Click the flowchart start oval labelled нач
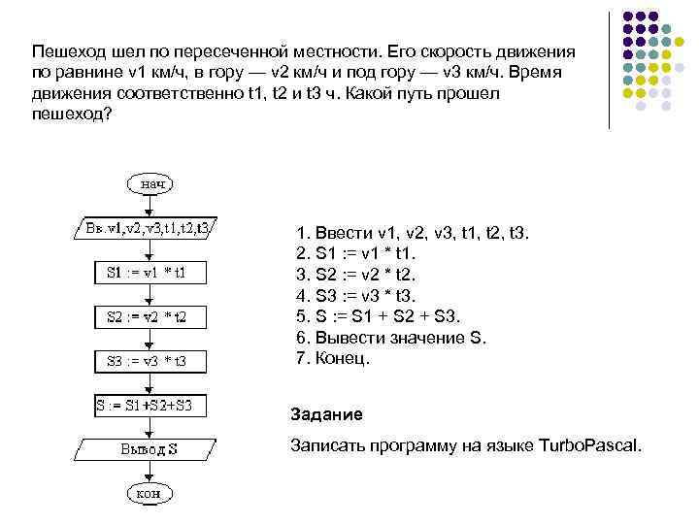149,182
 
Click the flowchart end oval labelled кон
149,493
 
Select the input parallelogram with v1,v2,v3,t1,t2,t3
148,229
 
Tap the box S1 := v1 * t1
150,273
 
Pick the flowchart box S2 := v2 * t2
150,317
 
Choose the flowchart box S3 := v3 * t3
150,361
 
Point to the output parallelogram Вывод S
148,449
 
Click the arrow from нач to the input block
149,206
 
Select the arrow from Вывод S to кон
149,472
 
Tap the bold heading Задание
326,414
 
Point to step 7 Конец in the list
332,359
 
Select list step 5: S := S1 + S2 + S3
379,316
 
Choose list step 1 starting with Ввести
412,233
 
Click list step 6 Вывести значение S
389,338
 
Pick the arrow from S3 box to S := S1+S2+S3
149,383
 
